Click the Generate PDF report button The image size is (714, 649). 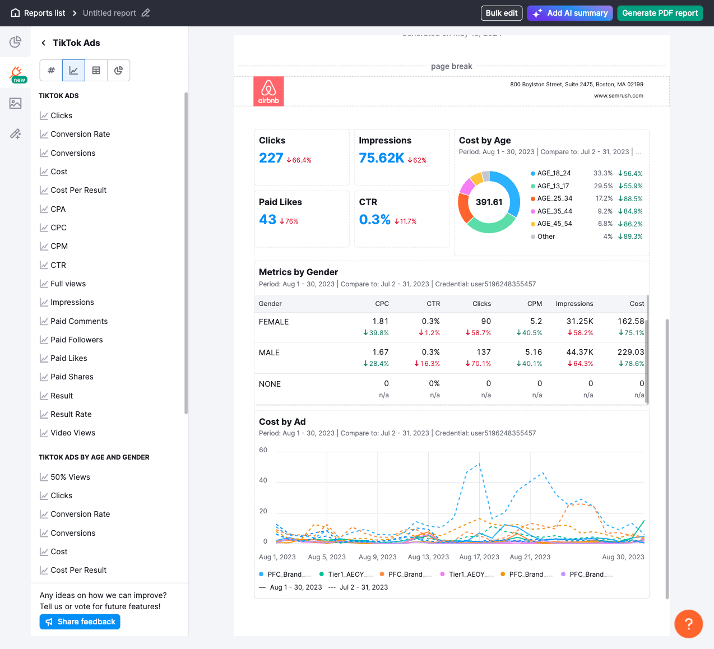pos(660,13)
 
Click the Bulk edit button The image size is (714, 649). pos(501,13)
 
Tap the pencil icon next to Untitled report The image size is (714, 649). pos(146,13)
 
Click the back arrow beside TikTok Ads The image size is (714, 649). pos(43,43)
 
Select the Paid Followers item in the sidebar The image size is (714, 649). pos(76,340)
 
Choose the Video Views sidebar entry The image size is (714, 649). pos(73,433)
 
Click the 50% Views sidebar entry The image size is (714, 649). pos(70,477)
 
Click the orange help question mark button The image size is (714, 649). pos(688,624)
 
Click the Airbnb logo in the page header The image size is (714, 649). pos(268,91)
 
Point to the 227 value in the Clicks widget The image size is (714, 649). pos(271,158)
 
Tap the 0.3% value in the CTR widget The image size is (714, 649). pos(374,220)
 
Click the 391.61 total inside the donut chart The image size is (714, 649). pos(489,202)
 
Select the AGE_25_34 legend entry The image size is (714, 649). pos(554,198)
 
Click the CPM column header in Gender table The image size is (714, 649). pos(534,304)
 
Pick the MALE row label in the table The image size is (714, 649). pos(269,353)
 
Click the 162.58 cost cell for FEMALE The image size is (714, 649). pos(630,321)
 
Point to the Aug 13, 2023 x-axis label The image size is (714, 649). pos(428,557)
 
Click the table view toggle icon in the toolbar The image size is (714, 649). pos(96,71)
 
